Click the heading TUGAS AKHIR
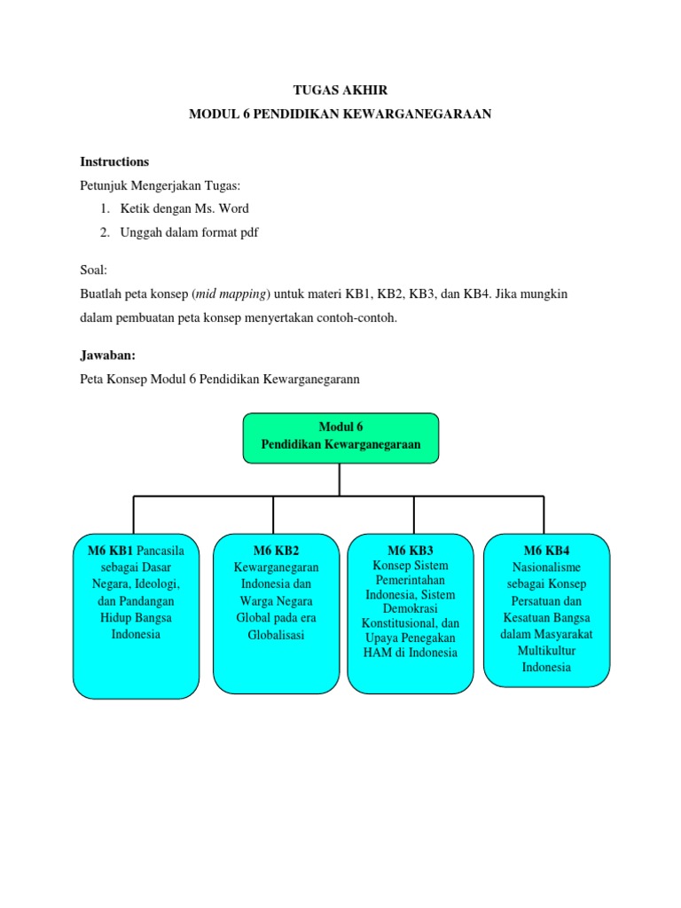coord(340,90)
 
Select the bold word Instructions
coord(114,161)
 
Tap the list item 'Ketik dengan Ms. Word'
coord(184,208)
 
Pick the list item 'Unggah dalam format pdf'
coord(189,232)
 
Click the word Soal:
coord(92,270)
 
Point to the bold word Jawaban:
coord(107,355)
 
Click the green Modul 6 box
coord(340,437)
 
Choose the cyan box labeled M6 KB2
coord(275,612)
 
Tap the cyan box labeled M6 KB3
coord(410,612)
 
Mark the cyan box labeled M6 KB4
coord(546,609)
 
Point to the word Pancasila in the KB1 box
coord(160,551)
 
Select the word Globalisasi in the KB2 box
coord(276,635)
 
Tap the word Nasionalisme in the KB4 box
coord(546,567)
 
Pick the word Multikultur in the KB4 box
coord(546,651)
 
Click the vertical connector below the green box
coord(340,479)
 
